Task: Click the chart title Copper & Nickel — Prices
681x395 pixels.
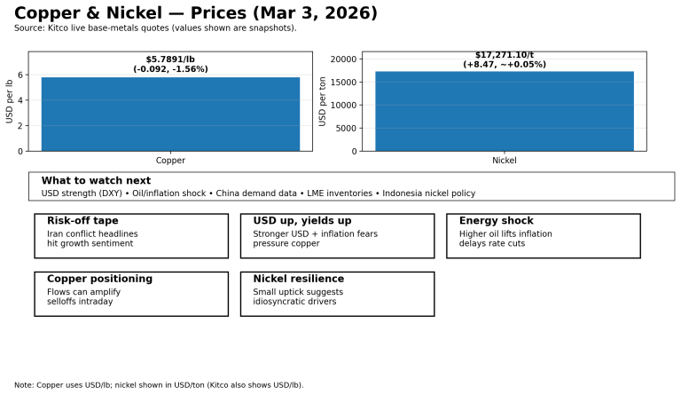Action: [x=196, y=13]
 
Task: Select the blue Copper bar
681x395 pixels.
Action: [x=170, y=114]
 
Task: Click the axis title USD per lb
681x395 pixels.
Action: [x=10, y=101]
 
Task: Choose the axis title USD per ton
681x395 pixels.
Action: [x=323, y=101]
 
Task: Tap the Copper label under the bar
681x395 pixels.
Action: [x=170, y=161]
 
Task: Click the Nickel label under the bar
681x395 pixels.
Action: [x=505, y=161]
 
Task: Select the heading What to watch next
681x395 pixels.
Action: [x=96, y=180]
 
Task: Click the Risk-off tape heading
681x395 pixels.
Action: [x=82, y=221]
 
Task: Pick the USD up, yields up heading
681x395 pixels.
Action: [x=302, y=221]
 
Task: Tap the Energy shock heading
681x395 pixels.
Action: [x=496, y=221]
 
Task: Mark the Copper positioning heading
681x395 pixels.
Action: [x=99, y=279]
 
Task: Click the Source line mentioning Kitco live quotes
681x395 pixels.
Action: [x=155, y=28]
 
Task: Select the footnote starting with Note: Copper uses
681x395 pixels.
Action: [x=159, y=385]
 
